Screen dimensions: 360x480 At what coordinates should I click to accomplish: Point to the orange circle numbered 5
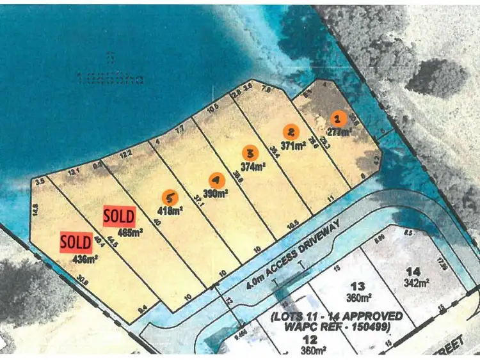point(169,196)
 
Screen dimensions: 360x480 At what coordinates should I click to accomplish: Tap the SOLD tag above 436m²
point(76,242)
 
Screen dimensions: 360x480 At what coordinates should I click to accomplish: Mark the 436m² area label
point(85,259)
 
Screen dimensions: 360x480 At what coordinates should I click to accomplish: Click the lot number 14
point(413,271)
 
